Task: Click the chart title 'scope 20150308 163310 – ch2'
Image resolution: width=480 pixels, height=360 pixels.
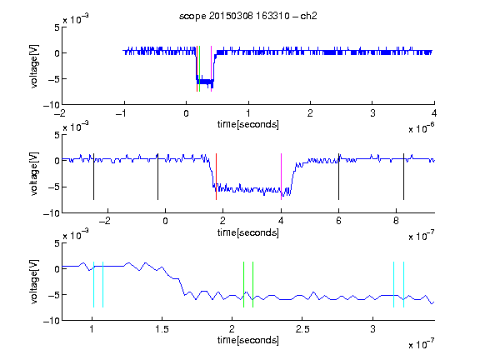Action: tap(248, 16)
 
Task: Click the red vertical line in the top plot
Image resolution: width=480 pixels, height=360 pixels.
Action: tap(197, 68)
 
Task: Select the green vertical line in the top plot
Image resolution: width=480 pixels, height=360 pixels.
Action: tap(200, 68)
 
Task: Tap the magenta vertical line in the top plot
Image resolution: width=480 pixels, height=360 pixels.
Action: tap(211, 68)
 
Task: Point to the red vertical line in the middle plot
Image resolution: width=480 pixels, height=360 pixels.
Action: tap(216, 177)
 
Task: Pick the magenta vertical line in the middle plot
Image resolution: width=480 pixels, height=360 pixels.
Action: tap(281, 177)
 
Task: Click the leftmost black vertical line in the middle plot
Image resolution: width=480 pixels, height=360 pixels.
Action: tap(93, 177)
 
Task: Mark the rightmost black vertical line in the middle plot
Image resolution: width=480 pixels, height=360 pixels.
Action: tap(403, 177)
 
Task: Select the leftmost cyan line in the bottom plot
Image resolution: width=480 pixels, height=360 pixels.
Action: tap(93, 284)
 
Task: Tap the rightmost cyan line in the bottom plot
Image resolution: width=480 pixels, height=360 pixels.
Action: tap(403, 284)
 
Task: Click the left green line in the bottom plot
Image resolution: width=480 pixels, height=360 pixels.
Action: tap(243, 284)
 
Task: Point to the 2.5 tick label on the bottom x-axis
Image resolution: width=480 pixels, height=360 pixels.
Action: tap(302, 329)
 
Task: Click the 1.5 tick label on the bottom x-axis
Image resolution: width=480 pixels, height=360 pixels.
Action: tap(162, 329)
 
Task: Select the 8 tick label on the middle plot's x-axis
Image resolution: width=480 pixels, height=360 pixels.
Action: tap(396, 221)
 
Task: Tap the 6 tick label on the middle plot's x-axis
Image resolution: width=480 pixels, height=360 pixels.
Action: tap(338, 221)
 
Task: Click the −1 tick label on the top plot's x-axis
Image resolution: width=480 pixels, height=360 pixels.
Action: tap(121, 113)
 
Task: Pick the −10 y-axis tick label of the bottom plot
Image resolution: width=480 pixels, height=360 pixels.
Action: tap(52, 321)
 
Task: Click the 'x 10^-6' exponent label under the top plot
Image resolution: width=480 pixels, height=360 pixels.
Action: tap(422, 128)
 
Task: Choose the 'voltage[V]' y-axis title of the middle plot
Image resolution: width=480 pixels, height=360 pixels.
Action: tap(34, 174)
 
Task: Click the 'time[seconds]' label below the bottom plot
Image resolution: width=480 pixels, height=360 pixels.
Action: tap(248, 340)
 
